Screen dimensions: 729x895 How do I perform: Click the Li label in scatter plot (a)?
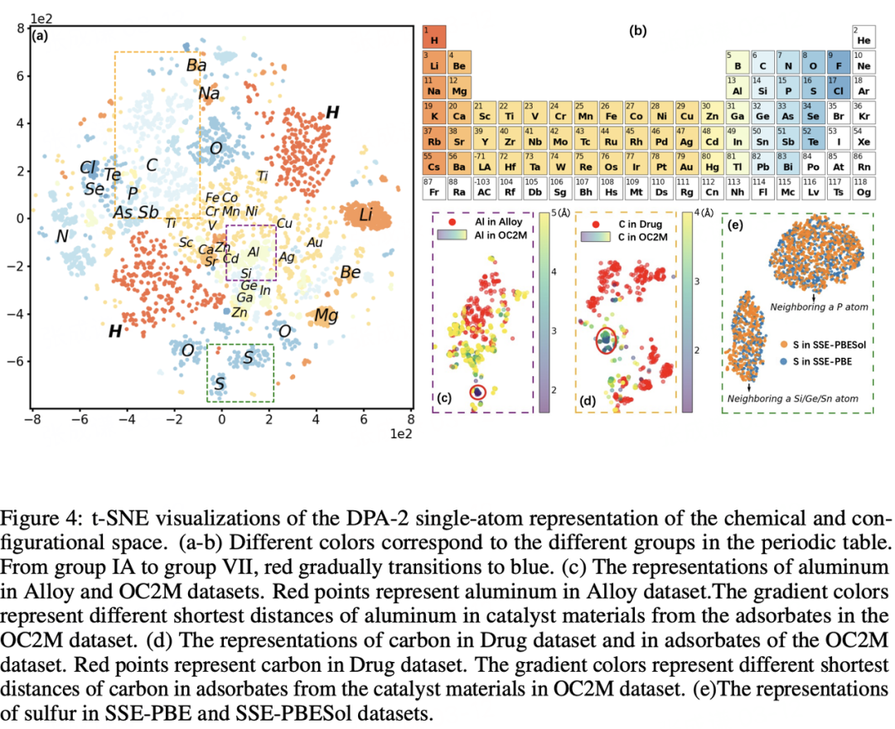coord(365,216)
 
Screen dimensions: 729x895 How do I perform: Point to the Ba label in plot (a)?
coord(196,65)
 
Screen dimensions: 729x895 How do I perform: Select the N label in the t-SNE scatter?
coord(62,237)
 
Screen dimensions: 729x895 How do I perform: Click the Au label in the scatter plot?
coord(315,242)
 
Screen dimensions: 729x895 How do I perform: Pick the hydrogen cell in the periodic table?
coord(434,36)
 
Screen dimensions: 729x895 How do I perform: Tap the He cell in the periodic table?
coord(864,36)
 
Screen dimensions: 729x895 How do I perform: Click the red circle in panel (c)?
coord(478,391)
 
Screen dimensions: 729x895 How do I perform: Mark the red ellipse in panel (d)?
coord(607,340)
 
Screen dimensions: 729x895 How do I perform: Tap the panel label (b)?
coord(638,31)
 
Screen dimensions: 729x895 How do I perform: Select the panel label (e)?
coord(734,224)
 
